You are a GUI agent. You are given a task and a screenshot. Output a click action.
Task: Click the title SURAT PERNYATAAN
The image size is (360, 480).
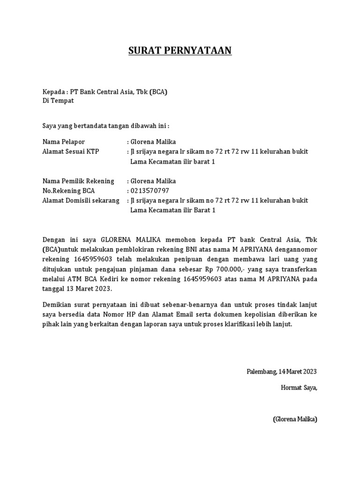[x=180, y=51]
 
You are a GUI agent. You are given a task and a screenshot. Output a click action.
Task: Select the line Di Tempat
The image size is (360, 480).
[x=58, y=101]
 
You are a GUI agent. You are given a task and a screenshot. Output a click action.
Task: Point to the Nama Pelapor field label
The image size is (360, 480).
[x=64, y=142]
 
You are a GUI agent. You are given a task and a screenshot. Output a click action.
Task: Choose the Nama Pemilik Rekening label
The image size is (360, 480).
[x=78, y=181]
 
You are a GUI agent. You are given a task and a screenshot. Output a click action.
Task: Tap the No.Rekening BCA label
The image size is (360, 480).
[x=69, y=191]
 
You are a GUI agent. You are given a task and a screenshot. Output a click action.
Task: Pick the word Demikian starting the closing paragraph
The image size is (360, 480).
[x=57, y=305]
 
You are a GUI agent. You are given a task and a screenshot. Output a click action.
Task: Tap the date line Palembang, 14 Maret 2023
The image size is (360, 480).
[x=282, y=372]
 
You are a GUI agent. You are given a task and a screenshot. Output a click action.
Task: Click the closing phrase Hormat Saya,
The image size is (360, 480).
[x=299, y=387]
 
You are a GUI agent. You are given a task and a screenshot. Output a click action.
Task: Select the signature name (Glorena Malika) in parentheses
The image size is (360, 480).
[x=295, y=419]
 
